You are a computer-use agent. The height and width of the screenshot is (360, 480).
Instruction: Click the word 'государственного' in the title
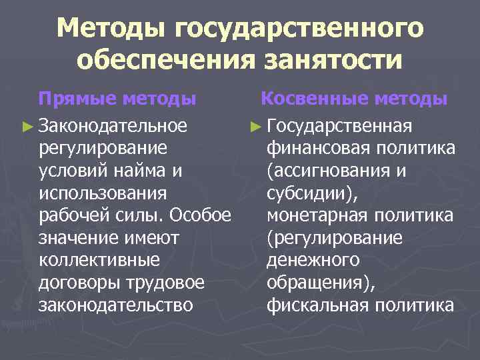pos(299,29)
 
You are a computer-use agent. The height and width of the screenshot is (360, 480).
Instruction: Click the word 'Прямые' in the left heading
pos(78,100)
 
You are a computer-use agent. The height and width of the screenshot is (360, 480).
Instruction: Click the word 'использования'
pos(102,193)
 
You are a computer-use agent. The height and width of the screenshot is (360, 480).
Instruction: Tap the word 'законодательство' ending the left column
pos(117,306)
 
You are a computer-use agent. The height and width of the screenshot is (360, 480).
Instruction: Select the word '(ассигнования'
pos(327,170)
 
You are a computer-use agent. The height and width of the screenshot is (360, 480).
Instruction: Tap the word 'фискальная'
pos(318,306)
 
